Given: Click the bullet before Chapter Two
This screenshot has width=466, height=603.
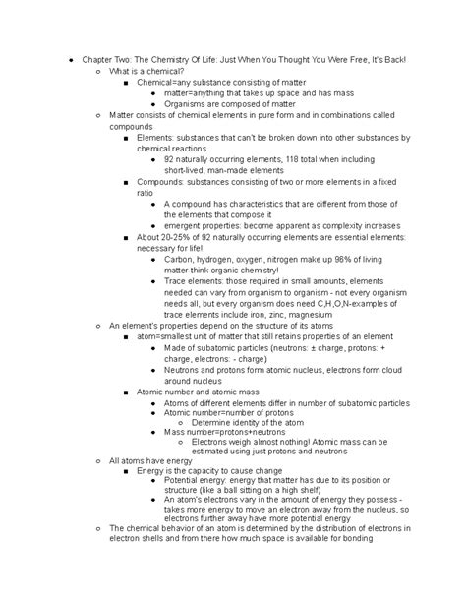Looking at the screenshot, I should click(x=61, y=61).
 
